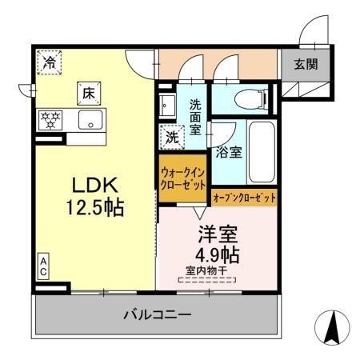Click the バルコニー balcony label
pyautogui.click(x=157, y=315)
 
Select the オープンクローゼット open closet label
pyautogui.click(x=245, y=196)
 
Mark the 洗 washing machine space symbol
pyautogui.click(x=172, y=137)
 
